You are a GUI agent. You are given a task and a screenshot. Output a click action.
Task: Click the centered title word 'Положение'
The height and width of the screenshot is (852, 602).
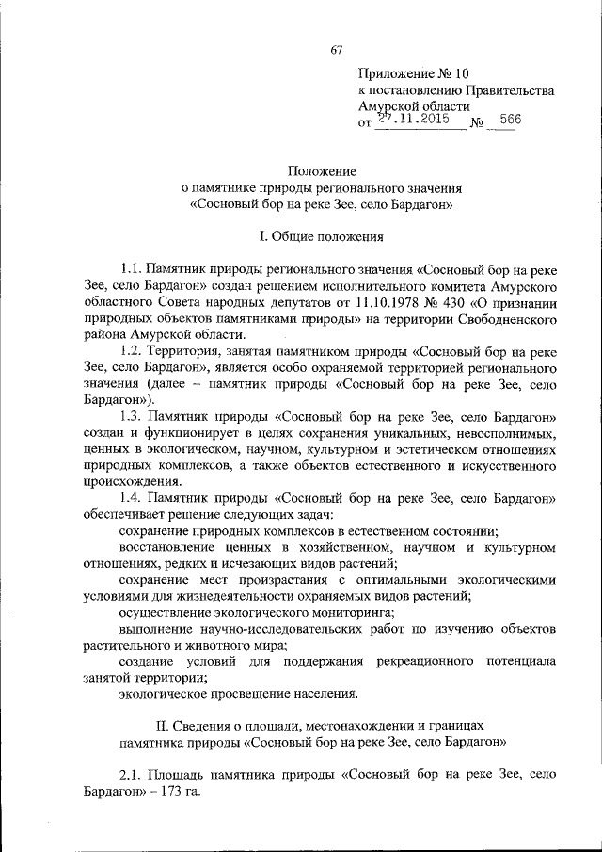[322, 171]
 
